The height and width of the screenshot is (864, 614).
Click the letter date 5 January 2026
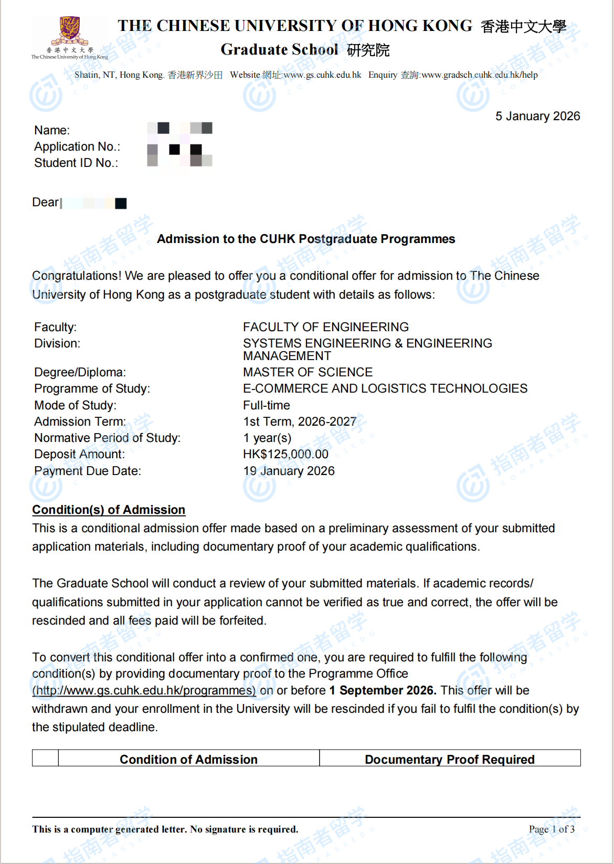pos(537,116)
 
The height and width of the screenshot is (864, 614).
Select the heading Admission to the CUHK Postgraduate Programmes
pos(306,239)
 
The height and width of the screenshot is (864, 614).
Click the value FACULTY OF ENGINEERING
pos(325,327)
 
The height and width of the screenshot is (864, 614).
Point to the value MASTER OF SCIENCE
pos(308,372)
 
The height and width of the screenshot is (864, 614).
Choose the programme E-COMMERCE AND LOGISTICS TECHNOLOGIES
pos(385,388)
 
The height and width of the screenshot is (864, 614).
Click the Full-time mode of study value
pos(266,405)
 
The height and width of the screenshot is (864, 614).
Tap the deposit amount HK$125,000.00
pos(285,454)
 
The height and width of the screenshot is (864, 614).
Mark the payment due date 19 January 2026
pos(289,471)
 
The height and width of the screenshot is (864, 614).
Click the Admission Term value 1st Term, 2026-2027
pos(299,422)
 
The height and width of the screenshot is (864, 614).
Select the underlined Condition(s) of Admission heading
pos(109,510)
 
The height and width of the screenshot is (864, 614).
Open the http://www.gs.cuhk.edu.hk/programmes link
pos(144,690)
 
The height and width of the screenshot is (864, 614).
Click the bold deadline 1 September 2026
pos(383,690)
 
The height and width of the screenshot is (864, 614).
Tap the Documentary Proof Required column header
pos(449,759)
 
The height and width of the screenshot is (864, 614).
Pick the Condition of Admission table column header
pos(188,759)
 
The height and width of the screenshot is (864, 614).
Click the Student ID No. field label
pos(76,163)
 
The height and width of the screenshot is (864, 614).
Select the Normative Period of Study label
pos(107,438)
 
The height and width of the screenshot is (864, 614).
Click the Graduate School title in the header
pos(279,49)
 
